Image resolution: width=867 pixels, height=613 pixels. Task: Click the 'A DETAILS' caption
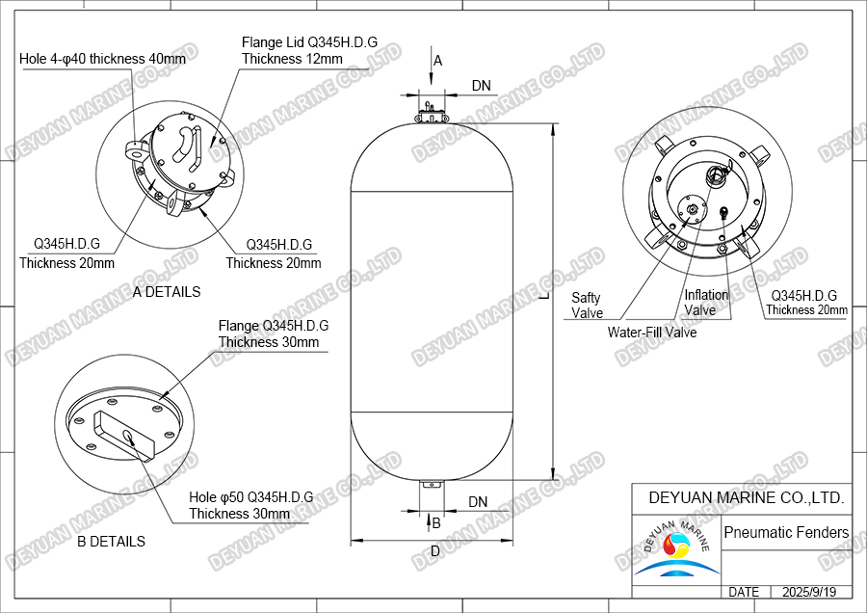(x=167, y=291)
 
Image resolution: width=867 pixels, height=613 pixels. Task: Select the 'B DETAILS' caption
(x=111, y=541)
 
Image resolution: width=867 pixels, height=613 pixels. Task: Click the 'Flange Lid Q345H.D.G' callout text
(x=307, y=42)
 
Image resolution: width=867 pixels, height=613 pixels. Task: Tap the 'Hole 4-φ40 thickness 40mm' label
(x=102, y=59)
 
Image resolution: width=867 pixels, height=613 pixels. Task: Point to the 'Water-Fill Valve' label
(x=651, y=333)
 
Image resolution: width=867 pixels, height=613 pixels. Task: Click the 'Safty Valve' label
(x=587, y=306)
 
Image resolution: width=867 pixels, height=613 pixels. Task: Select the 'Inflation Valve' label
(x=706, y=303)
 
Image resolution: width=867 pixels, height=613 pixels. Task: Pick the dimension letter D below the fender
(x=434, y=551)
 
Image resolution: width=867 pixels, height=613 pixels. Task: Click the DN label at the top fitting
(x=481, y=86)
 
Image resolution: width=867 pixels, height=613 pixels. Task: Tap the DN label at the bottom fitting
(x=478, y=501)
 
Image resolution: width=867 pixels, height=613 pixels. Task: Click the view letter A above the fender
(x=437, y=60)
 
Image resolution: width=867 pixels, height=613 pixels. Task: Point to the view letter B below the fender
(x=436, y=523)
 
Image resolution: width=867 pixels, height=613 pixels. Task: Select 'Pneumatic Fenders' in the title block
(x=786, y=532)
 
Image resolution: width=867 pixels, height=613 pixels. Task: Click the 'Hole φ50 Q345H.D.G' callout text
(x=250, y=497)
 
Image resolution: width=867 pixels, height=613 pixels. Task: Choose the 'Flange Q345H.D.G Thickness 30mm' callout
(x=273, y=333)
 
